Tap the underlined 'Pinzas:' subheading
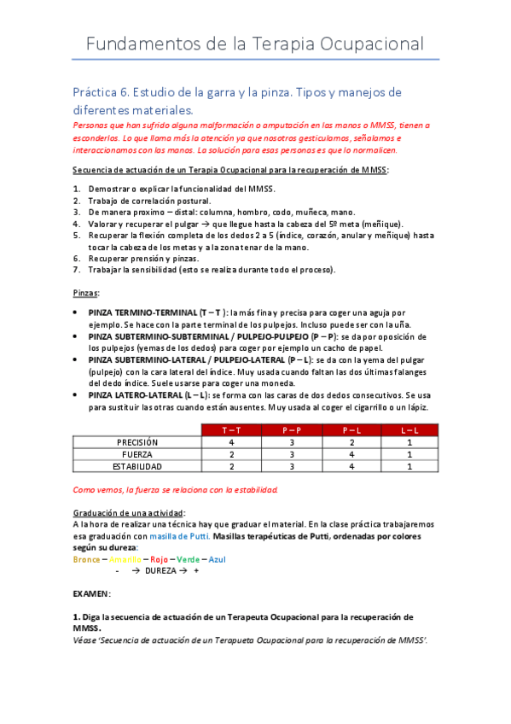pos(86,293)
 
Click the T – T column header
pos(232,430)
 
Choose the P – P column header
pos(292,430)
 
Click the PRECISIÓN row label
pos(137,442)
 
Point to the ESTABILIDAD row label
pos(137,466)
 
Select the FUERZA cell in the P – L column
pos(351,454)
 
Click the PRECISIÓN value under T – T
pos(232,442)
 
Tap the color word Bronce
pos(86,559)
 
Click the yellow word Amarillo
pos(125,559)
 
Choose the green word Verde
pos(189,559)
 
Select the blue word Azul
pos(218,559)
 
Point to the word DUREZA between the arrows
pos(163,570)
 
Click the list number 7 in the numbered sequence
pos(76,269)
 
